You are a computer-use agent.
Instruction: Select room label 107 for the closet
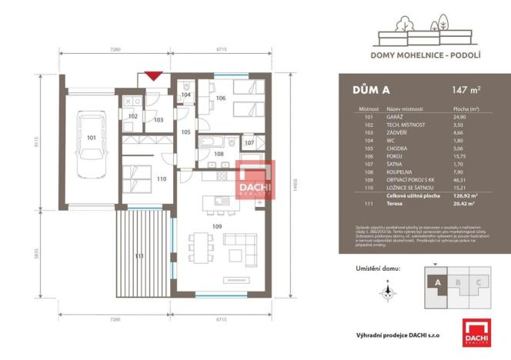tap(249, 143)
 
